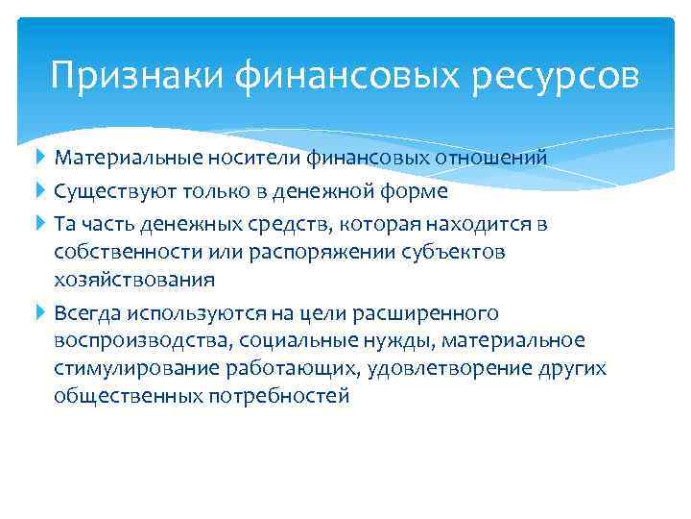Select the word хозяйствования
tap(134, 280)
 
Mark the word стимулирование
tap(125, 369)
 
